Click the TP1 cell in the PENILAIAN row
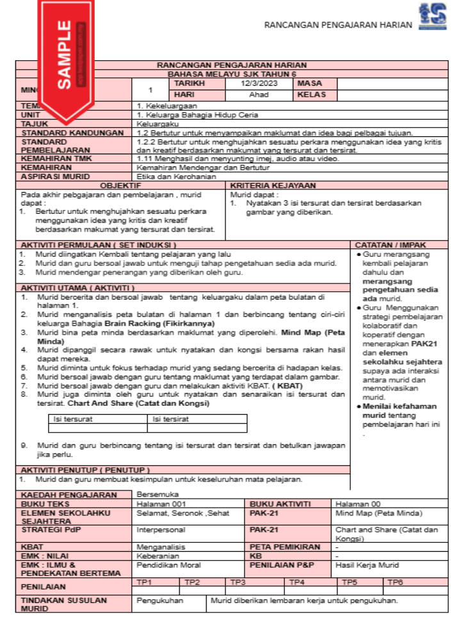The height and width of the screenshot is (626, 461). point(145,582)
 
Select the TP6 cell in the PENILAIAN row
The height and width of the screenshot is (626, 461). point(395,582)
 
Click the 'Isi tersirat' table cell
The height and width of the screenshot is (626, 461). point(170,419)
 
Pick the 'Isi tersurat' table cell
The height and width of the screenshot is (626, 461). point(72,419)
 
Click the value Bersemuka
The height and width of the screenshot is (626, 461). point(158,494)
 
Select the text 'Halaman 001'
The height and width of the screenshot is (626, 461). point(159,504)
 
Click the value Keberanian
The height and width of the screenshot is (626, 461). point(158,556)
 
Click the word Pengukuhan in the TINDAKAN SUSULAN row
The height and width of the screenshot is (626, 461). point(160,601)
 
